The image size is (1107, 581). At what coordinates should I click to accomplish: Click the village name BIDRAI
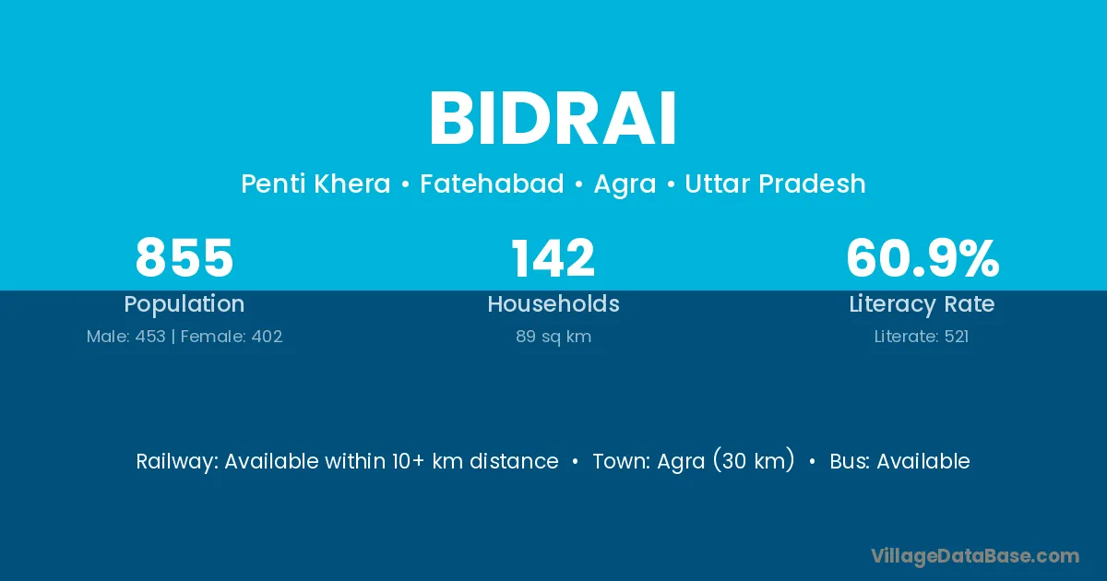tap(553, 118)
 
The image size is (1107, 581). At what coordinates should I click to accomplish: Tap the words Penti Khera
tap(315, 184)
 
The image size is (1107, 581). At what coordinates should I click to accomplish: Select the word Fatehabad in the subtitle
tap(492, 184)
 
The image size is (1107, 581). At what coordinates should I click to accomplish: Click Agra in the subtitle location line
tap(625, 184)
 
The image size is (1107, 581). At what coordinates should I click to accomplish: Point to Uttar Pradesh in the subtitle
tap(775, 184)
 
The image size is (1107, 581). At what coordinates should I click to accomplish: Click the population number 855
tap(184, 257)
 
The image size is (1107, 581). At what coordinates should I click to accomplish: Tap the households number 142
tap(553, 257)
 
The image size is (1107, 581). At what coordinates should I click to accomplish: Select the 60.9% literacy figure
tap(922, 257)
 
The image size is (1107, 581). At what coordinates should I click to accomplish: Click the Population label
tap(184, 304)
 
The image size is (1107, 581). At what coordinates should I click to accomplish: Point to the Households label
tap(553, 303)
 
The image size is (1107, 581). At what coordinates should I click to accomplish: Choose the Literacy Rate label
tap(922, 304)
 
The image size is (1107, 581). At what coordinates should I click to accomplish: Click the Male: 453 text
tap(126, 337)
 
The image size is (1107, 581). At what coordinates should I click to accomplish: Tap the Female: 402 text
tap(232, 337)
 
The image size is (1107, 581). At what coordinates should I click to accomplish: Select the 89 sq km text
tap(553, 337)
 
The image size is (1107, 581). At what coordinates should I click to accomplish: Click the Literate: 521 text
tap(922, 337)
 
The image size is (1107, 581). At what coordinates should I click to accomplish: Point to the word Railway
tap(177, 461)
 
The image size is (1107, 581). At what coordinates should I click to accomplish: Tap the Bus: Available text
tap(899, 461)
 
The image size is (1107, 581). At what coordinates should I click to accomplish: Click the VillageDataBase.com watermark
tap(975, 556)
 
